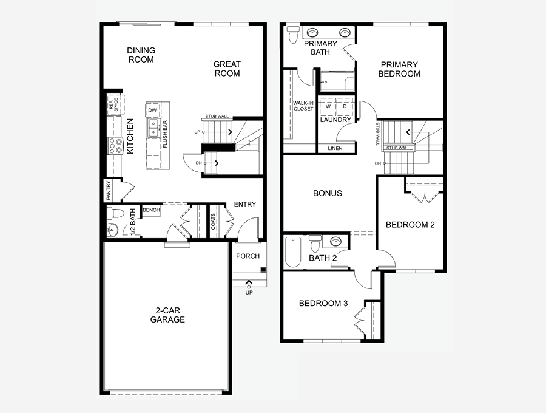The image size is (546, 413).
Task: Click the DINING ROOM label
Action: tap(141, 55)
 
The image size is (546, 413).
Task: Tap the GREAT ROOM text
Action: tap(227, 69)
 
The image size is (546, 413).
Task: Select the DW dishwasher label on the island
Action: tap(152, 111)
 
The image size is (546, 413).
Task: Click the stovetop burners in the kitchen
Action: tap(115, 145)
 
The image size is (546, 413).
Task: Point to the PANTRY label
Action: tap(109, 190)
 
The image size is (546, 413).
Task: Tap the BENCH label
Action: tap(151, 210)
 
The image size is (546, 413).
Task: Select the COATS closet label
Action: tap(213, 222)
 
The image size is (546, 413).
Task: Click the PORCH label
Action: tap(248, 256)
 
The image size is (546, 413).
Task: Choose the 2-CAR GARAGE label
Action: tap(167, 315)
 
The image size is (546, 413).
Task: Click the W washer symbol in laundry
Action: tap(328, 107)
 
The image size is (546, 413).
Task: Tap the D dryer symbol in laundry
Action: tap(345, 106)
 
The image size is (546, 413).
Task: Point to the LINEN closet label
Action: tap(335, 148)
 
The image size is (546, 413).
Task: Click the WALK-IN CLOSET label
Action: tap(303, 106)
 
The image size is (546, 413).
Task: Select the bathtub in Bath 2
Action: tap(293, 252)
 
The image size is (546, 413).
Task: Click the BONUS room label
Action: tap(328, 193)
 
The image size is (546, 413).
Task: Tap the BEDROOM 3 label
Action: tap(323, 303)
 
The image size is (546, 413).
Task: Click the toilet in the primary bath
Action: tap(293, 35)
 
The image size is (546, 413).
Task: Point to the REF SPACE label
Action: tap(114, 104)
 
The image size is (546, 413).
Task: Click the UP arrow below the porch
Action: tap(249, 282)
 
